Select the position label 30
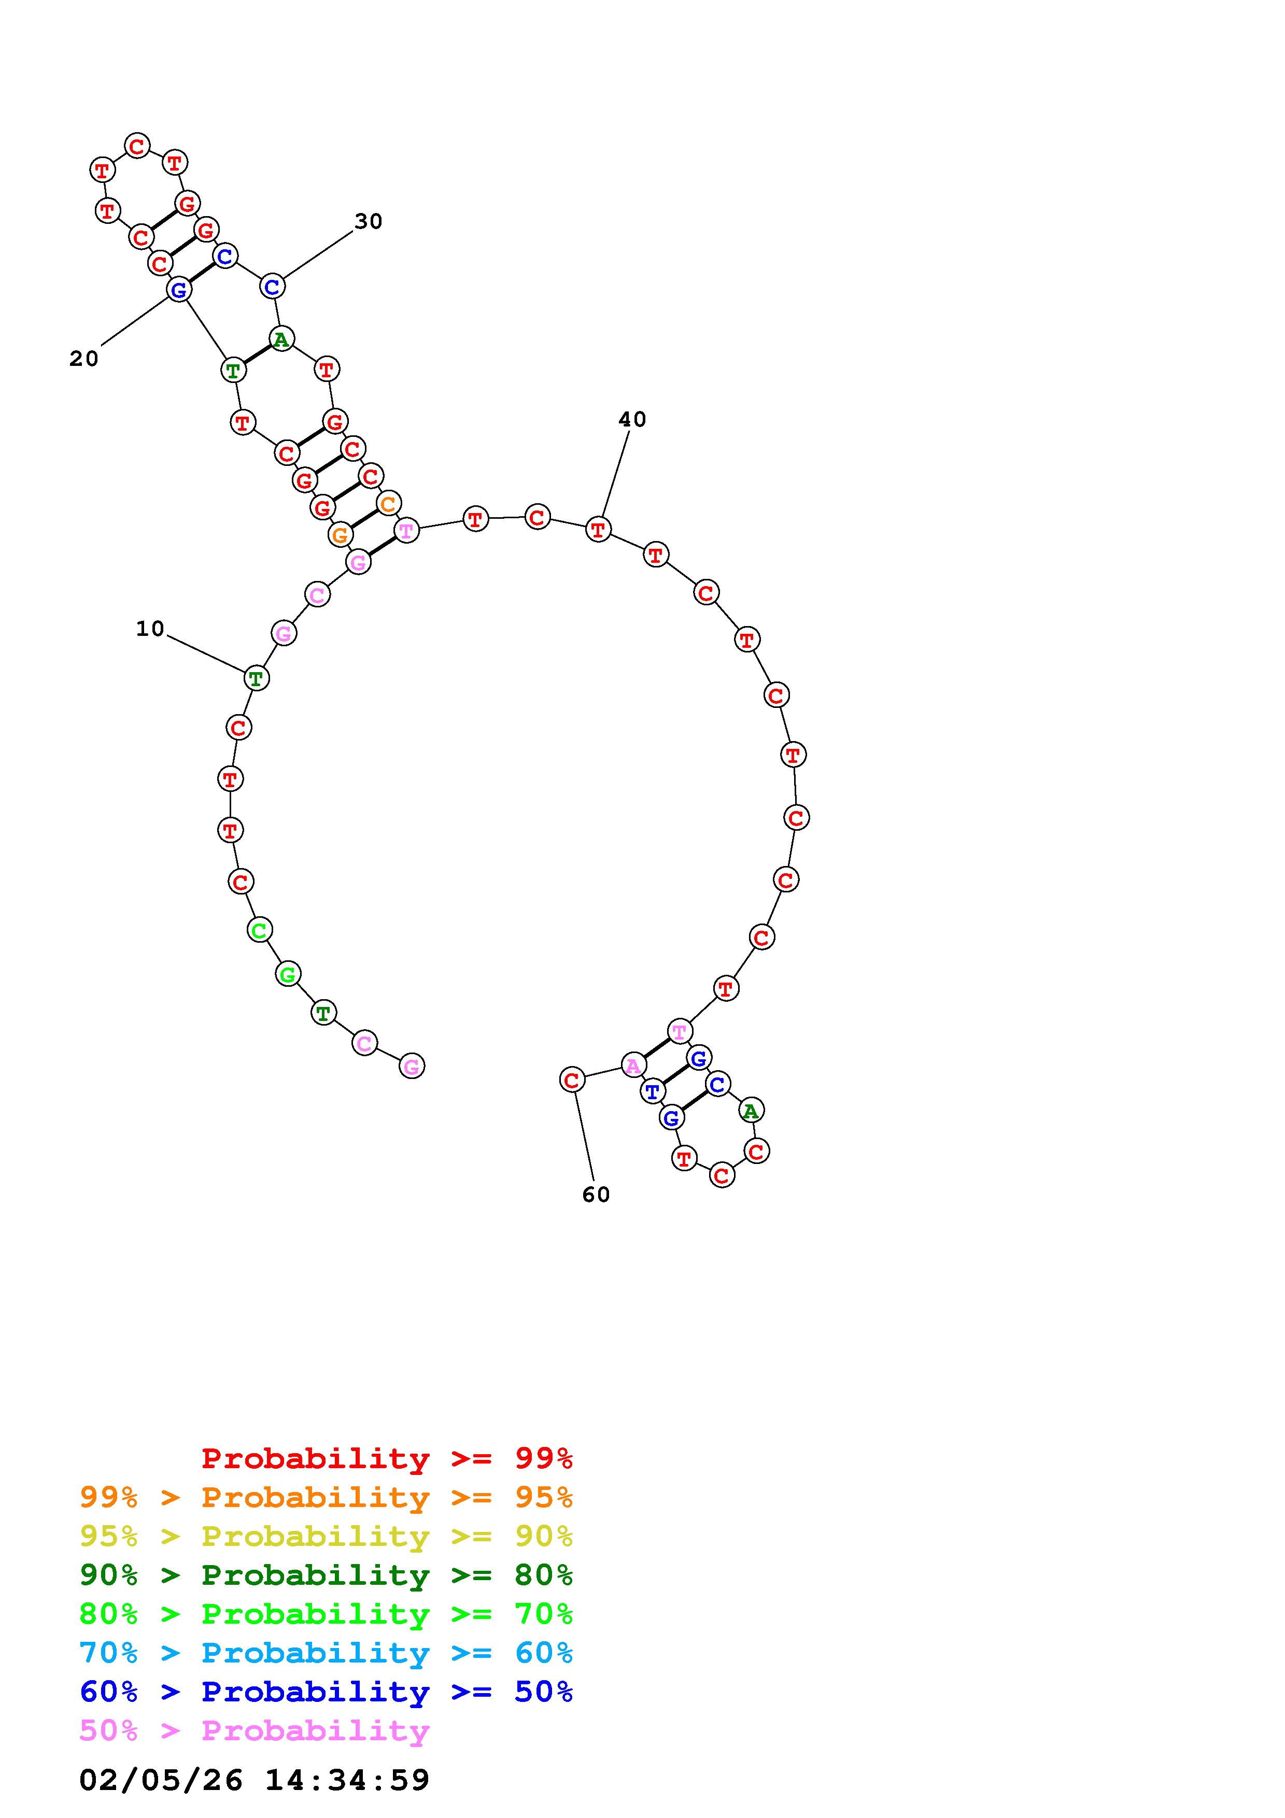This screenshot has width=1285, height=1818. (368, 222)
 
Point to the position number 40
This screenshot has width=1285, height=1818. (632, 420)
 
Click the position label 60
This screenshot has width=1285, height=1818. (596, 1195)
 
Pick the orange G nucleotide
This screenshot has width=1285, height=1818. (340, 535)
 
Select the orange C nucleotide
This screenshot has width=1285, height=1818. (388, 504)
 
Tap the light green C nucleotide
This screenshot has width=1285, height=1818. (260, 930)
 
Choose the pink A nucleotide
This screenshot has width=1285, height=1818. (633, 1067)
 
